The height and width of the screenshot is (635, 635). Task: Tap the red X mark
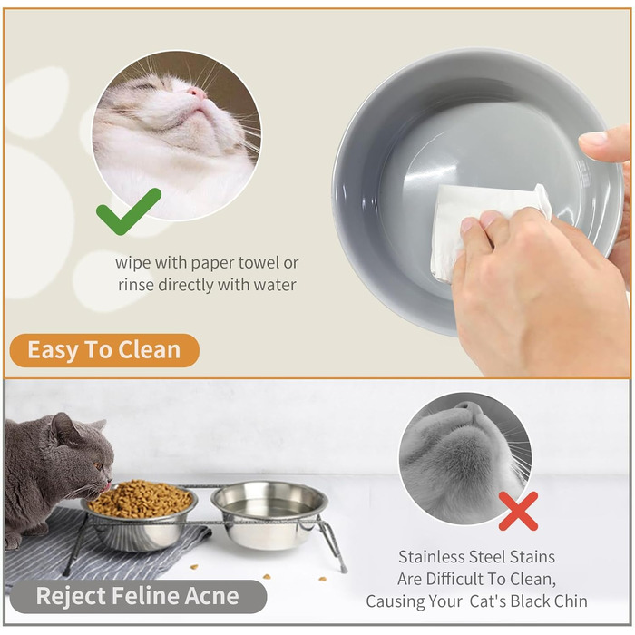(518, 511)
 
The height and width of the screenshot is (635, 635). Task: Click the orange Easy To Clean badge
(104, 350)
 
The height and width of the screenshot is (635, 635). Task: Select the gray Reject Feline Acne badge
(138, 596)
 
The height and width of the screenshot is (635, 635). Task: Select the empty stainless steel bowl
(269, 514)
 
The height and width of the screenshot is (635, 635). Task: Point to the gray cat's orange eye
(98, 466)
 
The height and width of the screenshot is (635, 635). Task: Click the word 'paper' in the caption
(212, 263)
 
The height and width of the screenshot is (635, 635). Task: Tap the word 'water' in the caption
(275, 285)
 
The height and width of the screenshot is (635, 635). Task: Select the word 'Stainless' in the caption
(432, 557)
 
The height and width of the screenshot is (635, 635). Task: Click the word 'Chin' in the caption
(571, 601)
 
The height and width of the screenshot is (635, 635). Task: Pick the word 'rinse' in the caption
(136, 285)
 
